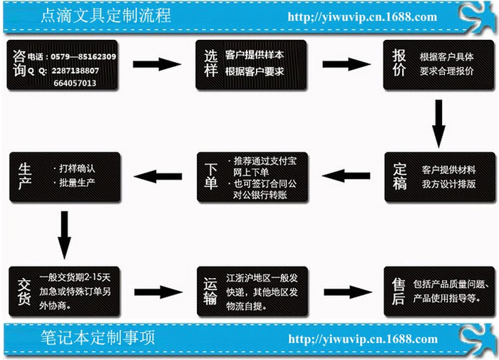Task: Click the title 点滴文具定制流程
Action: click(108, 16)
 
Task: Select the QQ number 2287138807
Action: click(76, 70)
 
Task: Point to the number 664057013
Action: click(75, 83)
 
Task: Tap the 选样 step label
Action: click(212, 63)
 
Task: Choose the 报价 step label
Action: click(399, 63)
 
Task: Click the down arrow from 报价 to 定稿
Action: click(439, 121)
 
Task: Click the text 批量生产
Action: click(79, 184)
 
